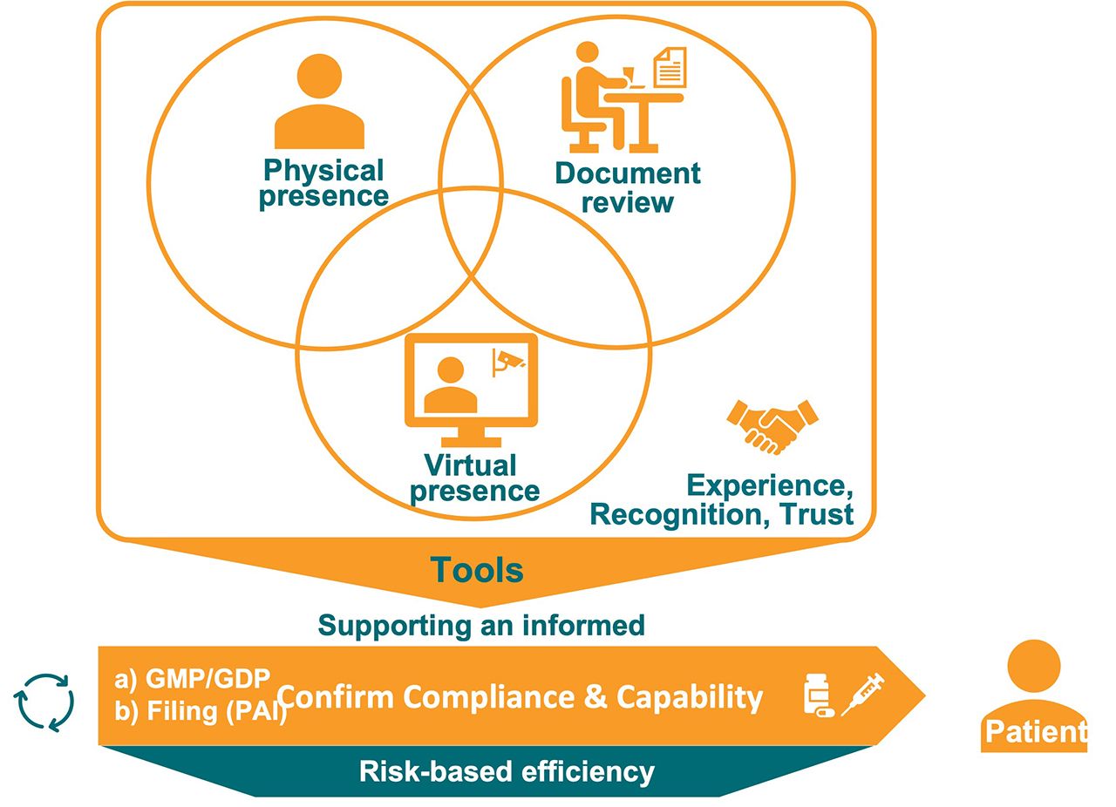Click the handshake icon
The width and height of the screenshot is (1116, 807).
[772, 424]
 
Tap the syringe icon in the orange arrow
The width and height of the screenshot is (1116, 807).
[862, 695]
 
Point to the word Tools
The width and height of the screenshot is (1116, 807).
[477, 570]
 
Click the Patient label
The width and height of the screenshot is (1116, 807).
[1035, 731]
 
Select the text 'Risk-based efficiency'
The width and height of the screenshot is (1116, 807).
[507, 771]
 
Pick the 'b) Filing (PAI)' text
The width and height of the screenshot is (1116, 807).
[201, 711]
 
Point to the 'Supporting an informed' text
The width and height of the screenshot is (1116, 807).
[481, 625]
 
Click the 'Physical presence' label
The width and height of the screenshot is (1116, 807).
[323, 182]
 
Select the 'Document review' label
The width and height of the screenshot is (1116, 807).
[628, 187]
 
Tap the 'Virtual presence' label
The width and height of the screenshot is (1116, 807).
[474, 477]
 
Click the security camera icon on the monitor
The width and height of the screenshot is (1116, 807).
[508, 361]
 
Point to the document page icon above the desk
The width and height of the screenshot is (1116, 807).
[670, 68]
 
